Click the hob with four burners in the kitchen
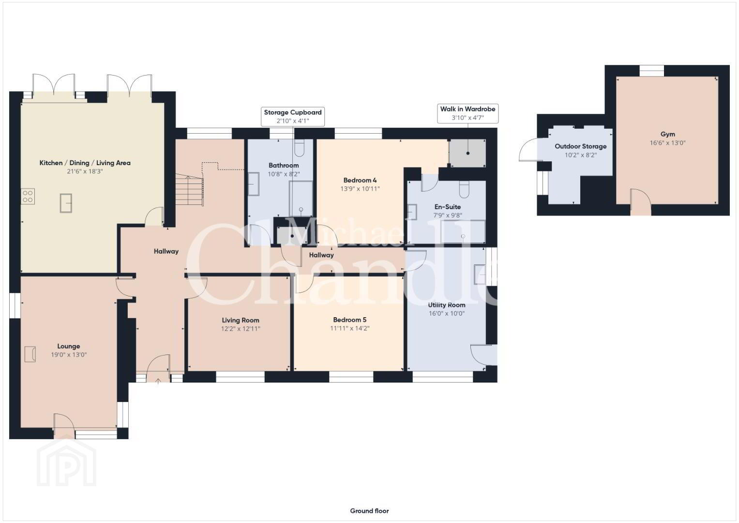point(28,196)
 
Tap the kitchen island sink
point(66,203)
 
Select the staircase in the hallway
point(189,190)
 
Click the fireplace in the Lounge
point(30,354)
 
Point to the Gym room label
point(667,134)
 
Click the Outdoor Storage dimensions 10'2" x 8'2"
point(581,155)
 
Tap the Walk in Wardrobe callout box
point(468,113)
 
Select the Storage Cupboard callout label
point(293,112)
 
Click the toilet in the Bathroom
point(299,148)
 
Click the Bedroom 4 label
point(360,180)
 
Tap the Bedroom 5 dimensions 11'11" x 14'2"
point(350,328)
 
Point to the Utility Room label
point(447,305)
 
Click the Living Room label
point(241,320)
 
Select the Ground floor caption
point(370,511)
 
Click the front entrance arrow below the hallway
point(158,382)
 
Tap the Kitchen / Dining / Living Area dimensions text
point(85,171)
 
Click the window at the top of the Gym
point(651,71)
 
